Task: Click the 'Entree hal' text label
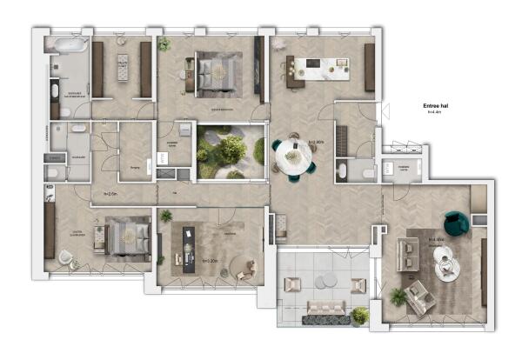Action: point(432,105)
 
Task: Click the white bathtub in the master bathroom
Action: point(67,43)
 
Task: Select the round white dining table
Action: point(294,157)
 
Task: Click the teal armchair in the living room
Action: point(455,223)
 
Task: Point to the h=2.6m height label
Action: point(110,194)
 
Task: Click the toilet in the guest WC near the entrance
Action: point(365,173)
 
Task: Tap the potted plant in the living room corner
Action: point(398,297)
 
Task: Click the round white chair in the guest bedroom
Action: point(66,257)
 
